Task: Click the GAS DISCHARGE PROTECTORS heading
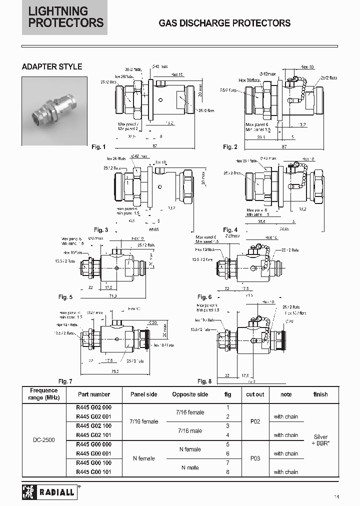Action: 224,23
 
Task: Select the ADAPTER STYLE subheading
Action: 52,66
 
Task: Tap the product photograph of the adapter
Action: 54,111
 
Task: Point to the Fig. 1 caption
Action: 98,147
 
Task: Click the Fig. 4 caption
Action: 230,230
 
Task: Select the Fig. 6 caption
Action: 205,297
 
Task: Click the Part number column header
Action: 93,394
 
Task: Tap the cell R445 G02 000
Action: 93,407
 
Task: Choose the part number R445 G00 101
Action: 93,472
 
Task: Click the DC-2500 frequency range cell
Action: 44,440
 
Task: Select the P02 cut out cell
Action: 255,421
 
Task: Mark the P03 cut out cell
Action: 255,458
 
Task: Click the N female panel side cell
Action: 143,458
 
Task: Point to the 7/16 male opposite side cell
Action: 190,430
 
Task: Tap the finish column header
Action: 320,394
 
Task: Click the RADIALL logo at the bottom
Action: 48,492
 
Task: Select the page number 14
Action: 337,496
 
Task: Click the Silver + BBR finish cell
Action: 320,440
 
